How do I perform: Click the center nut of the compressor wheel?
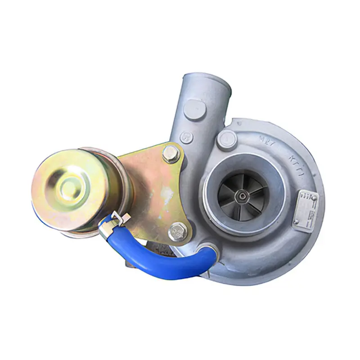pos(243,194)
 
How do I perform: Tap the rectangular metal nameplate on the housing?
pos(306,207)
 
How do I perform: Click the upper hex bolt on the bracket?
pos(171,154)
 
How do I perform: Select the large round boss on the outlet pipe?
pos(195,109)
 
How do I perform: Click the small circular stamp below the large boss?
pos(186,137)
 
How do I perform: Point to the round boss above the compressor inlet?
pos(226,139)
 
